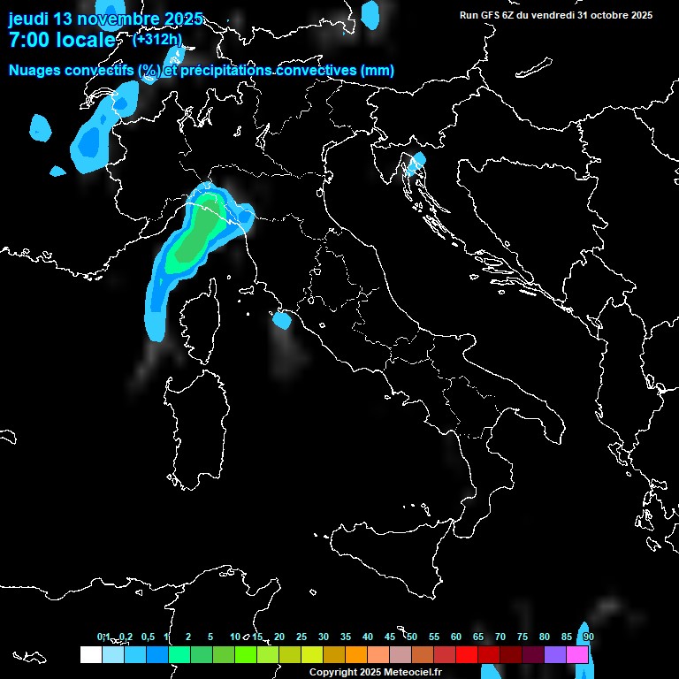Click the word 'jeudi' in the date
[x=29, y=19]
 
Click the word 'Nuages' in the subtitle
[x=34, y=71]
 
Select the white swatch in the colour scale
[x=90, y=654]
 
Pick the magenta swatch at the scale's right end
[x=577, y=654]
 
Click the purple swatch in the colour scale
[x=555, y=654]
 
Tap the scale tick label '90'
[x=589, y=637]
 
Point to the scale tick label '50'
[x=412, y=637]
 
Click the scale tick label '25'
[x=301, y=637]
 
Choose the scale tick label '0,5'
[x=147, y=637]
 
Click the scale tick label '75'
[x=523, y=637]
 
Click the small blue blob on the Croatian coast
[x=416, y=160]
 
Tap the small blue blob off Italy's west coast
[x=282, y=320]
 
